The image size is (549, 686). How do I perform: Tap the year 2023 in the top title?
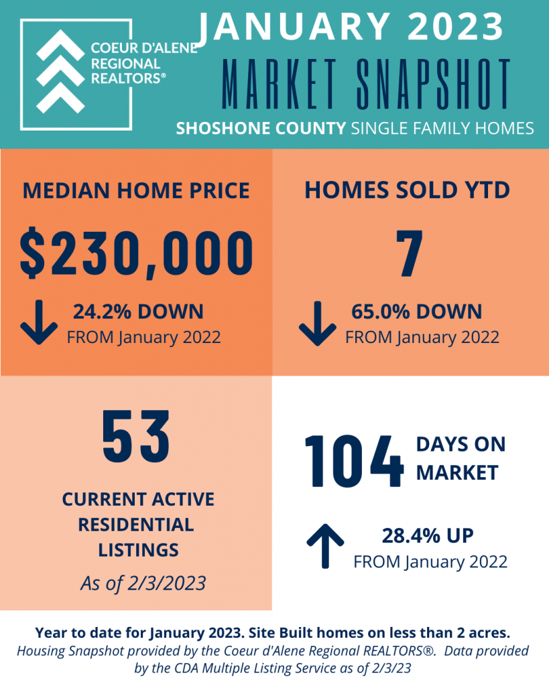[x=456, y=27]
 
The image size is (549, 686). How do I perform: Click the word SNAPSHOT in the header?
[x=433, y=84]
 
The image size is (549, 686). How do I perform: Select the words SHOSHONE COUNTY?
[x=261, y=128]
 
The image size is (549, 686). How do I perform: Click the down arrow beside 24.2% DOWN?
[x=38, y=322]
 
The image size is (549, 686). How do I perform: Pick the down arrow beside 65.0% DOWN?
[x=318, y=324]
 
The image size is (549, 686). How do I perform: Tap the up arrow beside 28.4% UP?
[x=325, y=546]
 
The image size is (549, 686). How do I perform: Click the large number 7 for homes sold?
[x=410, y=253]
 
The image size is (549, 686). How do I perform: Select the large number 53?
[x=135, y=436]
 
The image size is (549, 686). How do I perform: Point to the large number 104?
[x=354, y=461]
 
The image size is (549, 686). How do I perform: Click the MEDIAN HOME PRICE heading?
[x=136, y=191]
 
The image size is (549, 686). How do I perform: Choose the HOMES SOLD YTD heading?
[x=407, y=190]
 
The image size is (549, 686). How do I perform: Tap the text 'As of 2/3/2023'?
[x=143, y=584]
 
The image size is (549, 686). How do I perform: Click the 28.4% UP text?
[x=428, y=535]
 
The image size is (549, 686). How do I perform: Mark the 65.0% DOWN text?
[x=416, y=312]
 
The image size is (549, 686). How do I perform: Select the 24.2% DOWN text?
[x=138, y=312]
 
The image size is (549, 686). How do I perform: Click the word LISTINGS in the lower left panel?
[x=138, y=550]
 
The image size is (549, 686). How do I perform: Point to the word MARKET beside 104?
[x=457, y=472]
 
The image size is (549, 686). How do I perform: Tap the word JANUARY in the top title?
[x=293, y=27]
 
